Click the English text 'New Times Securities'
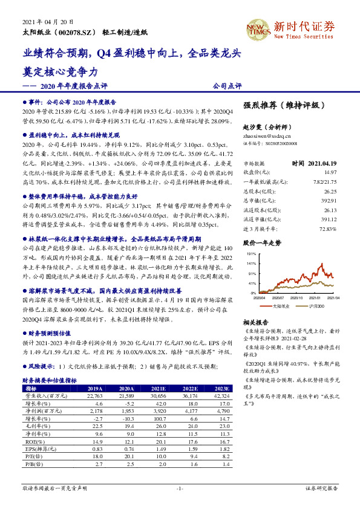point(304,36)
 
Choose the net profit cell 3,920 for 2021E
point(158,411)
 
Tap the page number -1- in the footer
point(180,488)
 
